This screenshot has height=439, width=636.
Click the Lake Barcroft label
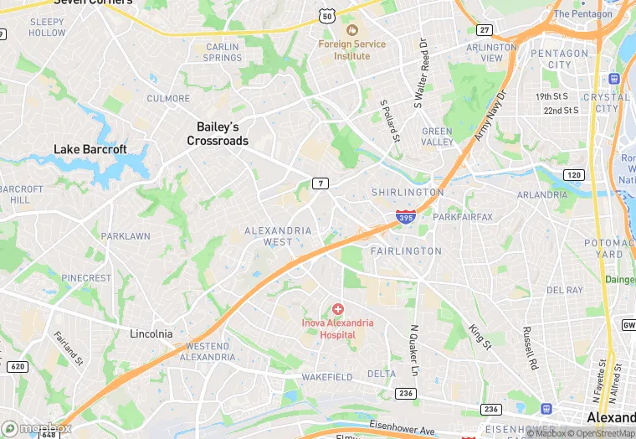(x=90, y=149)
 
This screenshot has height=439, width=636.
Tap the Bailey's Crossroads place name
(x=218, y=134)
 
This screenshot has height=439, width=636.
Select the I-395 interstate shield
(x=406, y=218)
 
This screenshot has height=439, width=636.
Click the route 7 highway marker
(x=320, y=183)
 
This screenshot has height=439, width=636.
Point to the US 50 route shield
(x=327, y=16)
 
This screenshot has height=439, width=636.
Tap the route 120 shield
(x=573, y=174)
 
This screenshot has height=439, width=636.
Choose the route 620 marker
(x=16, y=366)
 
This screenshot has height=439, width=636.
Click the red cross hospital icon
(x=338, y=310)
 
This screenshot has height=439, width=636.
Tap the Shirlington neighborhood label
(x=408, y=192)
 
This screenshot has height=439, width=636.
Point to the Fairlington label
(x=406, y=250)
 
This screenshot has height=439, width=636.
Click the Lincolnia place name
(x=151, y=333)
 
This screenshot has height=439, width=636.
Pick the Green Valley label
(x=437, y=137)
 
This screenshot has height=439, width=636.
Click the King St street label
(x=480, y=337)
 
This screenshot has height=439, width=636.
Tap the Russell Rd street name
(x=529, y=349)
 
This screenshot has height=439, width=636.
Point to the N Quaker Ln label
(x=413, y=350)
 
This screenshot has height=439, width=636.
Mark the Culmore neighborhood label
(x=168, y=98)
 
